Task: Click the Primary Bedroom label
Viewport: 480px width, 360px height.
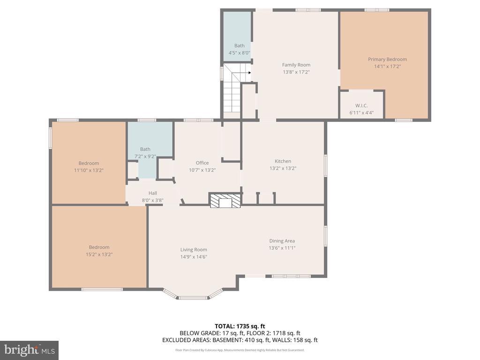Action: pyautogui.click(x=387, y=60)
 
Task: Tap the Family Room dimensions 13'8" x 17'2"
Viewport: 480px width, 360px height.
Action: pyautogui.click(x=296, y=72)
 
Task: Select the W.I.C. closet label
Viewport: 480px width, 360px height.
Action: pyautogui.click(x=361, y=105)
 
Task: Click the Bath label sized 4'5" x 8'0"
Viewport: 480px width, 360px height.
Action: pyautogui.click(x=240, y=45)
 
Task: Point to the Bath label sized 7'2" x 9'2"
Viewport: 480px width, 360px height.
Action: pyautogui.click(x=145, y=149)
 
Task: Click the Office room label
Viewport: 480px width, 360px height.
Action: pyautogui.click(x=202, y=163)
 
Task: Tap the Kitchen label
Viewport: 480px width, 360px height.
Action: pyautogui.click(x=283, y=161)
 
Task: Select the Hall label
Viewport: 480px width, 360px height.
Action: pyautogui.click(x=153, y=193)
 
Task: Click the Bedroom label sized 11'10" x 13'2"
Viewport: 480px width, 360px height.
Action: pyautogui.click(x=89, y=163)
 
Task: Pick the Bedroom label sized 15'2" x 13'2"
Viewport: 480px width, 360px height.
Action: pyautogui.click(x=99, y=247)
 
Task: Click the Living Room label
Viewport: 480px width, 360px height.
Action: pyautogui.click(x=194, y=249)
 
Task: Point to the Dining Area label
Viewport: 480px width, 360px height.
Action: pyautogui.click(x=282, y=241)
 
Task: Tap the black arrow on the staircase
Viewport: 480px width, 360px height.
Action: pyautogui.click(x=250, y=73)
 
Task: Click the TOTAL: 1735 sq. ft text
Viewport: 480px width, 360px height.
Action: pyautogui.click(x=240, y=326)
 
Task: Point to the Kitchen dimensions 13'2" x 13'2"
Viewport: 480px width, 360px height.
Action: pyautogui.click(x=283, y=168)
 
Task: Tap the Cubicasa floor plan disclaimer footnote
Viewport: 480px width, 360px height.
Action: pyautogui.click(x=240, y=350)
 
